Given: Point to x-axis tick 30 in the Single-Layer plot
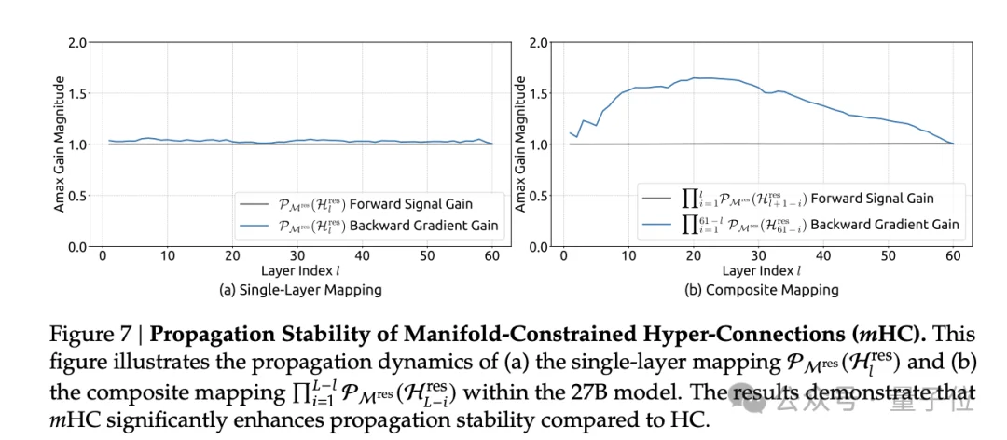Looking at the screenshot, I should tap(297, 256).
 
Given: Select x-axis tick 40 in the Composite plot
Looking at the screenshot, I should tap(821, 256).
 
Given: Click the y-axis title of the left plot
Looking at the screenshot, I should tap(59, 144).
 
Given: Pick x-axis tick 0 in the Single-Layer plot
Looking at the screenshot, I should tap(101, 256).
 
